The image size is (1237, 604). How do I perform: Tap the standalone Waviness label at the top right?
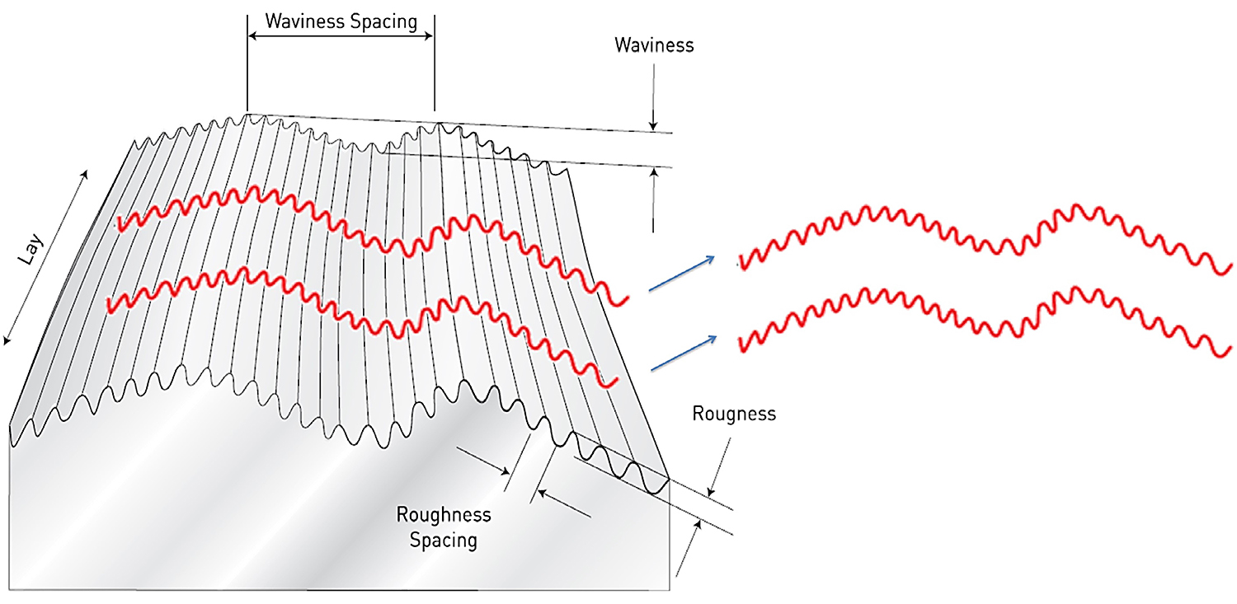tap(654, 44)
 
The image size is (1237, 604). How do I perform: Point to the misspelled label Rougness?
tap(734, 413)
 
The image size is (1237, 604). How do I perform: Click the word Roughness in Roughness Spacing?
tap(444, 515)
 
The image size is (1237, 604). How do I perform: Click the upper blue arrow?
tap(681, 274)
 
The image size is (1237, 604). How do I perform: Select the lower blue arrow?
tap(681, 352)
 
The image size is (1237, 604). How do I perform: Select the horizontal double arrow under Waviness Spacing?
tap(341, 36)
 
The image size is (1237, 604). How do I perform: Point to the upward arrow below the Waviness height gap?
tap(653, 198)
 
